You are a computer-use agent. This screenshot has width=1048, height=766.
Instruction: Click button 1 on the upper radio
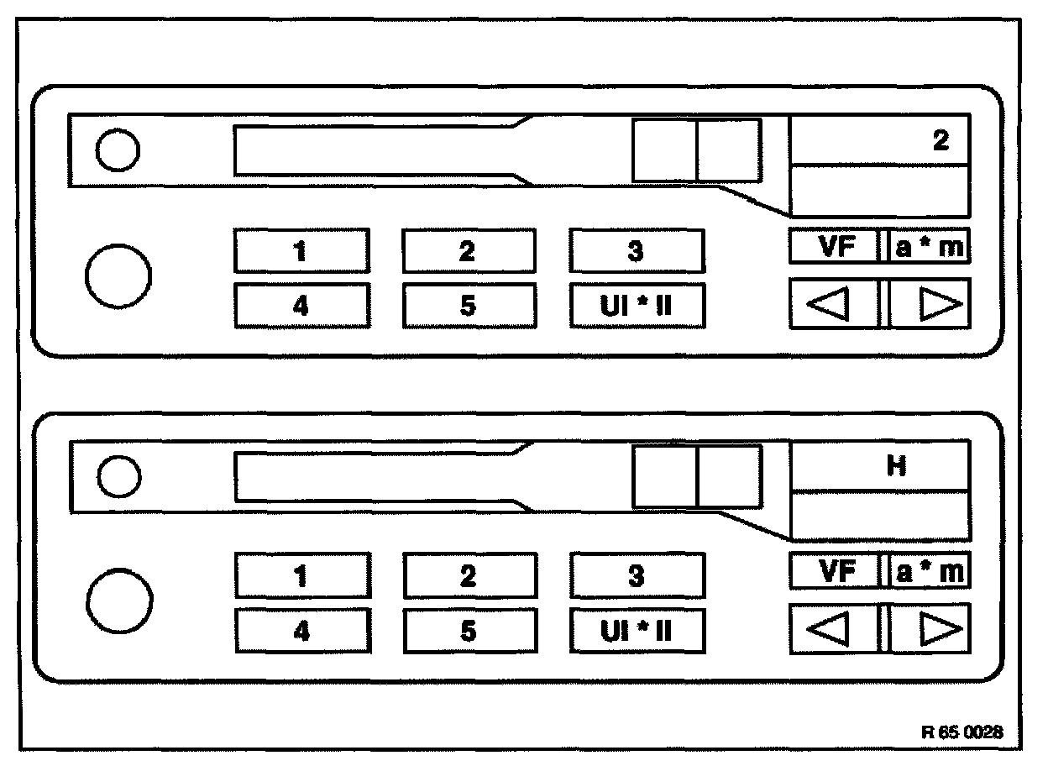point(301,250)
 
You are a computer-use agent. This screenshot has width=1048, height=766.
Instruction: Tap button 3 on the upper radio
point(637,250)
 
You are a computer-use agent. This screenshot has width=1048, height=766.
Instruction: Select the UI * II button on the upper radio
point(637,306)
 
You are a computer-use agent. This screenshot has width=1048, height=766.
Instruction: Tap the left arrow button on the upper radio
point(834,304)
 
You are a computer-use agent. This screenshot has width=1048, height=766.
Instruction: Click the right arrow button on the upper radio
point(930,304)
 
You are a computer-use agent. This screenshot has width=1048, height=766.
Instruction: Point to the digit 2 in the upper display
point(941,140)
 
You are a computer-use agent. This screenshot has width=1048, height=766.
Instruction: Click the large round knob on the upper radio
point(119,275)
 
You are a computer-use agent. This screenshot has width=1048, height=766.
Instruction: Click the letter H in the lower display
point(897,467)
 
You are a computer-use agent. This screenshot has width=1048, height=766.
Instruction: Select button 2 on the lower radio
point(469,575)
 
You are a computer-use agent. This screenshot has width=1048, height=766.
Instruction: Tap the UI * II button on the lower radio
point(637,631)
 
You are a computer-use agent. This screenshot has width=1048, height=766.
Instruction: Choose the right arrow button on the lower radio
point(930,629)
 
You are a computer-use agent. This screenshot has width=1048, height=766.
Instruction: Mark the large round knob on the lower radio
point(120,602)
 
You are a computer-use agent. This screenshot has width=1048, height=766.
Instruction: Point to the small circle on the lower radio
point(118,477)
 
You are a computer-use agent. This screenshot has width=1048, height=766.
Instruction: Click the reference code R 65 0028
point(962,732)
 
